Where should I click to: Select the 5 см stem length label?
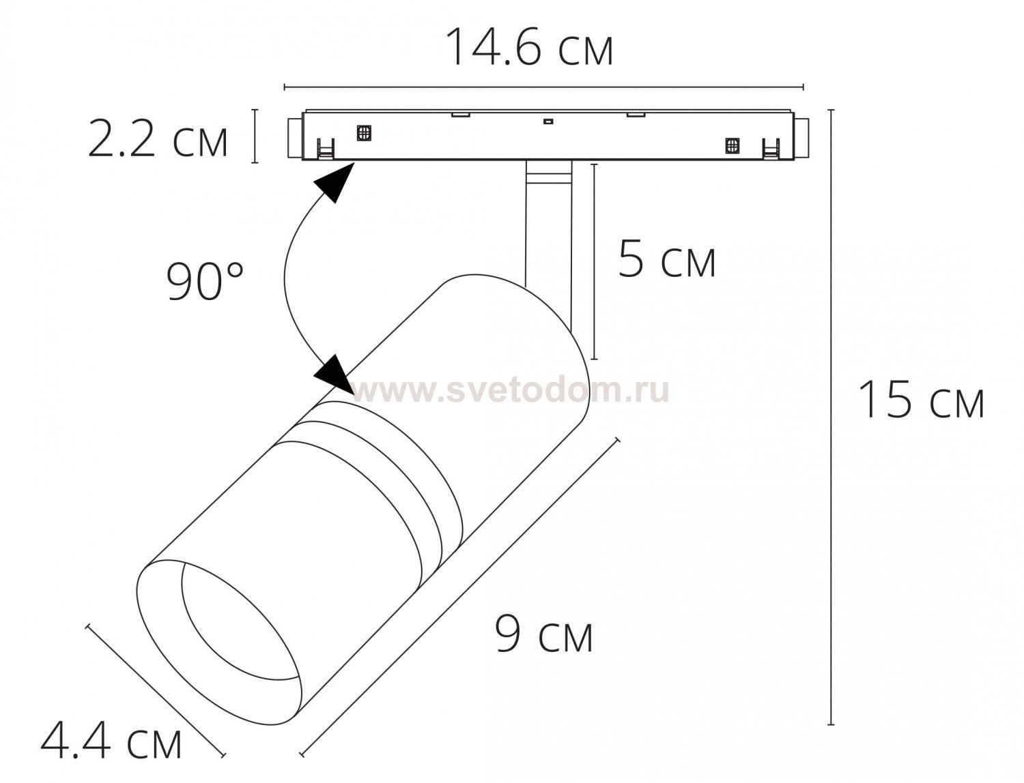(667, 260)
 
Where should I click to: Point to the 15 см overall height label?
(920, 400)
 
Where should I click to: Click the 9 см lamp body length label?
(544, 634)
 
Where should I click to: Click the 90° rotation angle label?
(205, 281)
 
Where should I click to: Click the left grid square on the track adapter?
(364, 132)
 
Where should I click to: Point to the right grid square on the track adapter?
(732, 145)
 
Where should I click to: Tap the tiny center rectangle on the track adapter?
(546, 122)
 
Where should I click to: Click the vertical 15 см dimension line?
(831, 416)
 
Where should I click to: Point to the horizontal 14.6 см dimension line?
(543, 87)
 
